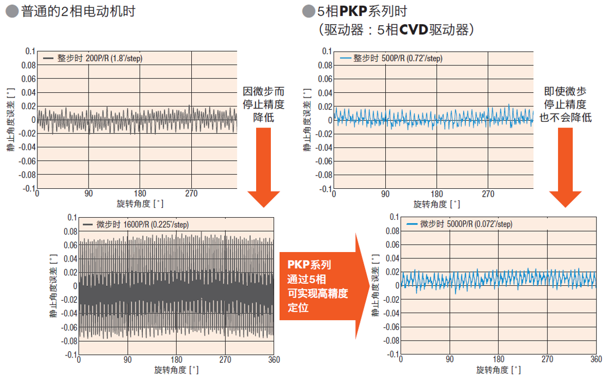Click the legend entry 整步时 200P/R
pos(93,59)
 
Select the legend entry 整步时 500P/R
pos(391,59)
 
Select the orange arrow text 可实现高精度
pos(318,293)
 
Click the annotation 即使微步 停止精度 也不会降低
pos(565,104)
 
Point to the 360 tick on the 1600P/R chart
pos(274,360)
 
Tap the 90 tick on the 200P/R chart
pos(88,194)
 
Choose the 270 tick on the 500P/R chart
pos(488,194)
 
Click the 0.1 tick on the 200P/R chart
pos(30,51)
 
